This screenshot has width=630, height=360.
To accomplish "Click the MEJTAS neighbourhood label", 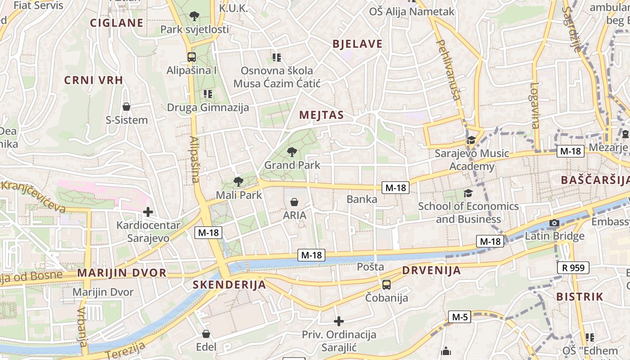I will [x=321, y=115].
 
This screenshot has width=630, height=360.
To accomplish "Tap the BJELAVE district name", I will [x=357, y=44].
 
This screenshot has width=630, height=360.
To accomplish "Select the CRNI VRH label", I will [x=94, y=81].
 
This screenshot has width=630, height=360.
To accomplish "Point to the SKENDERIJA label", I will [x=229, y=285].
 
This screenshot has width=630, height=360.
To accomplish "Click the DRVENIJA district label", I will [x=432, y=270].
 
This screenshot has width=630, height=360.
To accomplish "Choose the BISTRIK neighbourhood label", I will [x=580, y=297].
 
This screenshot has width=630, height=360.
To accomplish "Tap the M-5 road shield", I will [x=460, y=317].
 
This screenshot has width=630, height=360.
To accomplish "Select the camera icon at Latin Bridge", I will [x=554, y=223].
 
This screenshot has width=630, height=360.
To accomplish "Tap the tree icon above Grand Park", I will [x=292, y=152].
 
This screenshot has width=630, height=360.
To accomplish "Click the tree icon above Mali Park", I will [x=238, y=182].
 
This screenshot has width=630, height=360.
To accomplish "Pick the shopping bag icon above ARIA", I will [x=294, y=202].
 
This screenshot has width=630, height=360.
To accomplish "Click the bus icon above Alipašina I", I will [x=192, y=57].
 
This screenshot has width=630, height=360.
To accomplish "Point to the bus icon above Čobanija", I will [x=387, y=284].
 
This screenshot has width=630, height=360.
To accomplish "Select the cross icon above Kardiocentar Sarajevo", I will [x=148, y=211].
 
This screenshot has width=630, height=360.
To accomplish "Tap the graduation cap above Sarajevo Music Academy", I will [x=471, y=140].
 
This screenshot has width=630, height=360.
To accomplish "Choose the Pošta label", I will [x=370, y=267].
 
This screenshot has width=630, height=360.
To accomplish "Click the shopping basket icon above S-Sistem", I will [x=126, y=107].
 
